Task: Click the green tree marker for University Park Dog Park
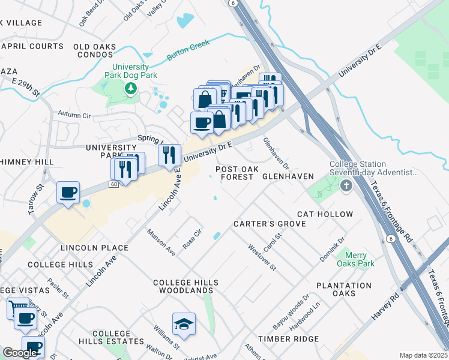(130, 89)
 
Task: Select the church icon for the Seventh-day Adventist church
(345, 186)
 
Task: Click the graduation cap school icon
(184, 325)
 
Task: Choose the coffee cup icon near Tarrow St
(68, 193)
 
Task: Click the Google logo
(20, 353)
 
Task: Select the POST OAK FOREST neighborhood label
(237, 173)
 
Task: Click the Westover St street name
(262, 257)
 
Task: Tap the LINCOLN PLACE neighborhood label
(94, 248)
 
